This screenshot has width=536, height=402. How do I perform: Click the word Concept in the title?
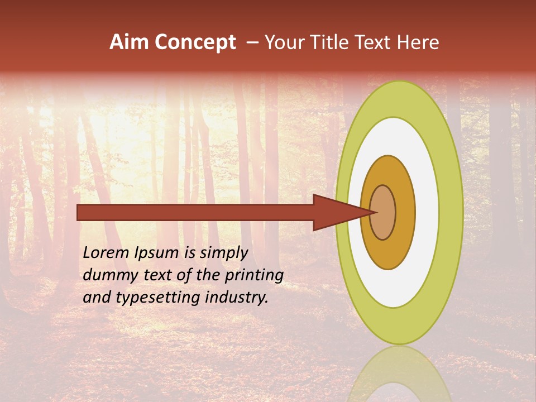[195, 42]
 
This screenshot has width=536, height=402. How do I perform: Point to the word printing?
[253, 276]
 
